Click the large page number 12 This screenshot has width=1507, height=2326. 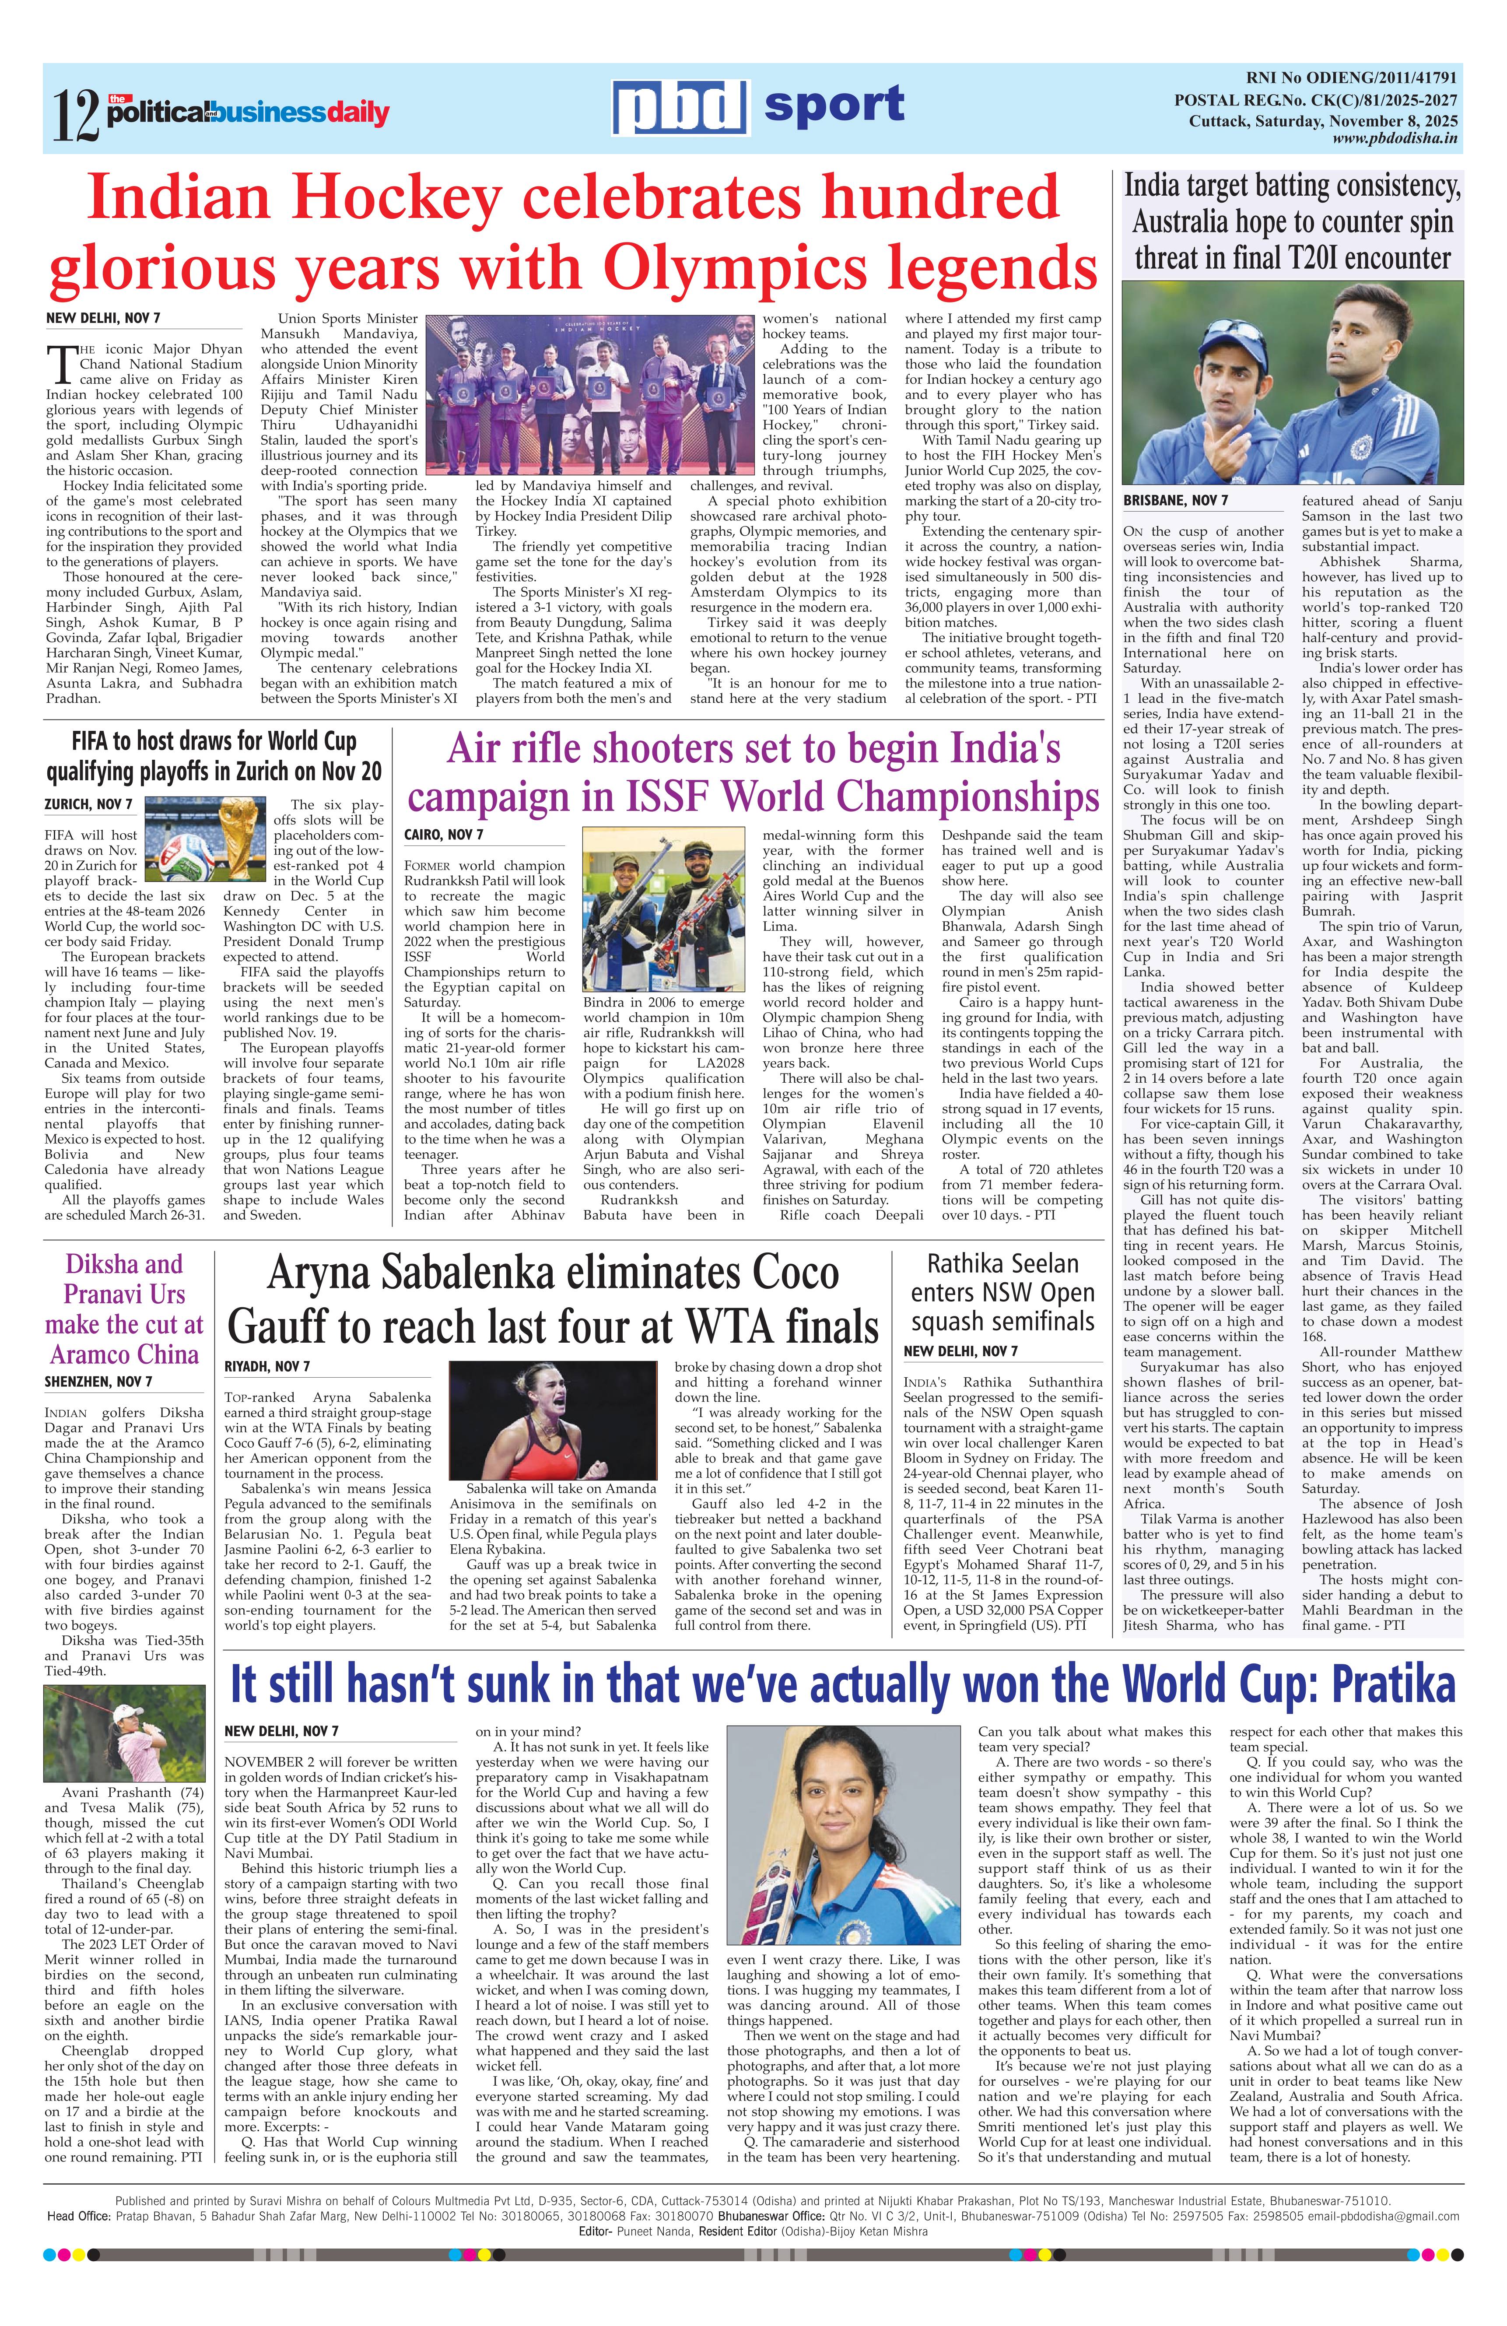(x=76, y=116)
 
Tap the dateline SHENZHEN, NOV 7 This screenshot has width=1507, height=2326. (x=98, y=1381)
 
